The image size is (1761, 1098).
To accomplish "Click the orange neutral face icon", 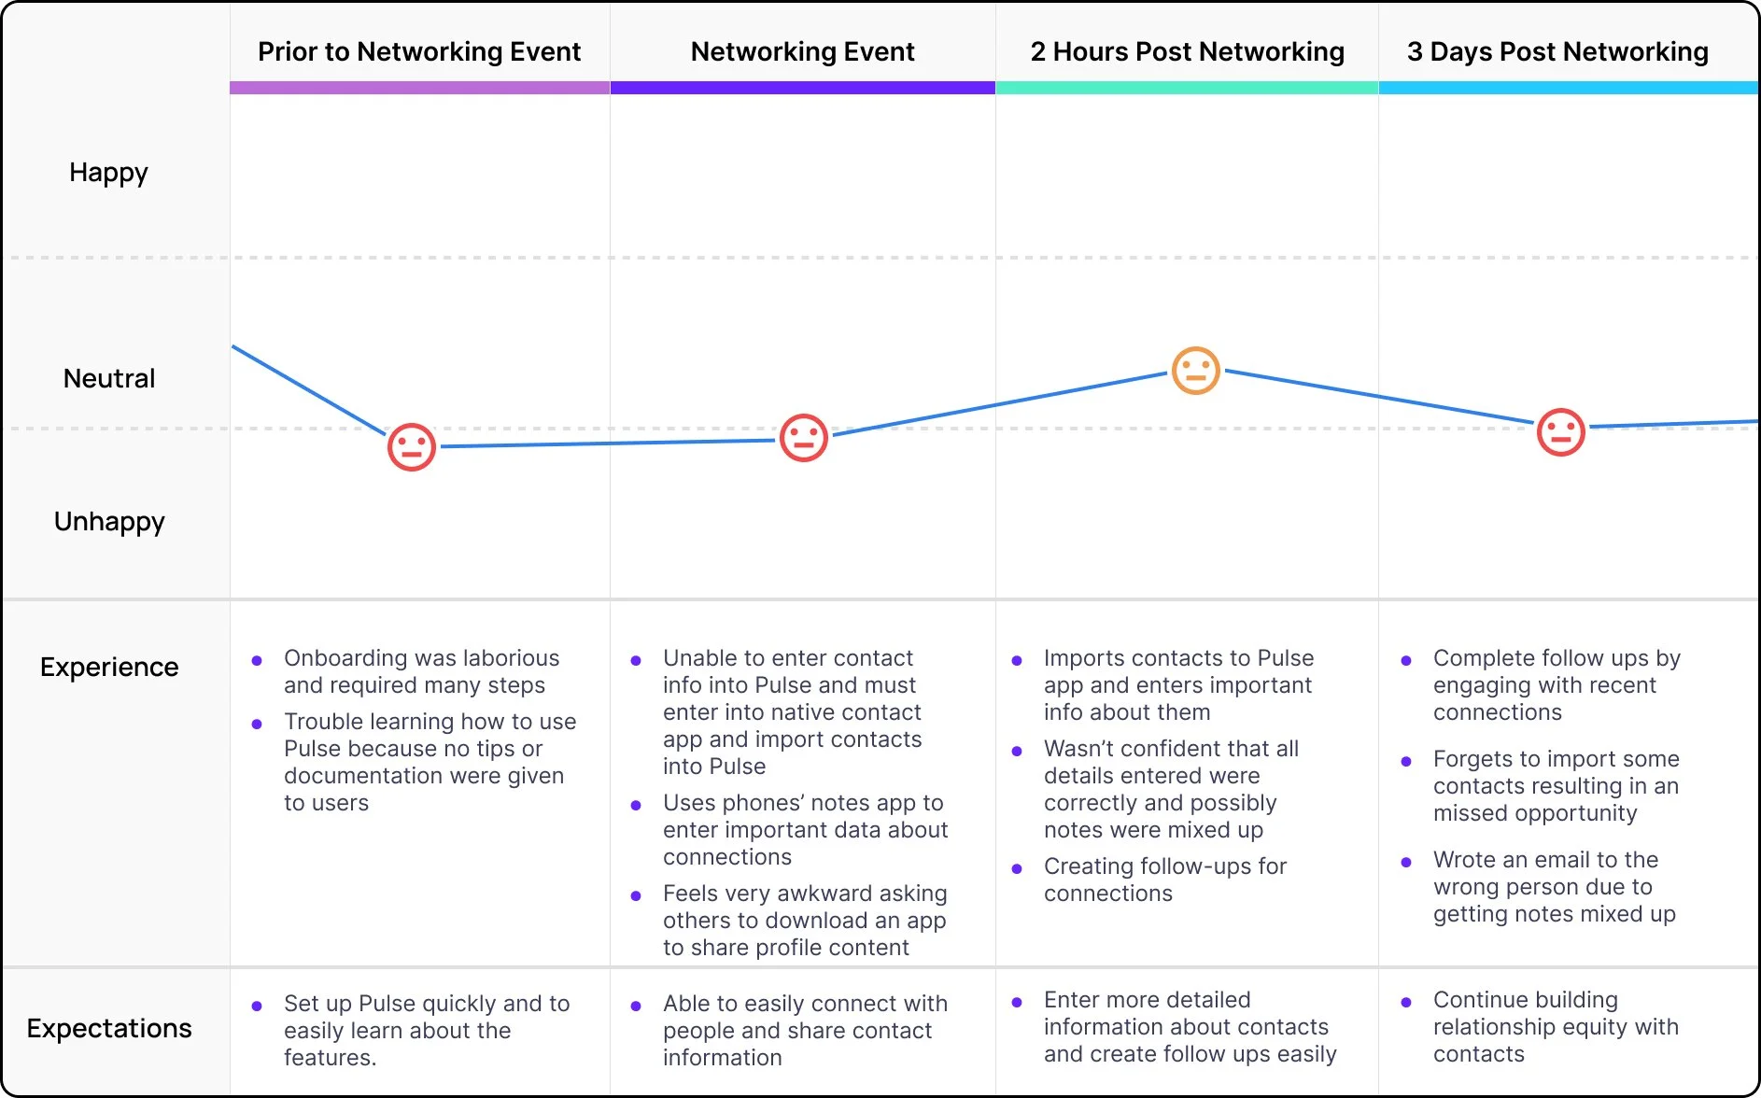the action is [x=1196, y=371].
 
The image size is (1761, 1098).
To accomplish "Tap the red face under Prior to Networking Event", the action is [x=412, y=447].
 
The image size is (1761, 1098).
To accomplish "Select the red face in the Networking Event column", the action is [x=804, y=438].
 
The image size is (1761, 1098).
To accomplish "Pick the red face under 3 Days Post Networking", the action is [x=1561, y=432].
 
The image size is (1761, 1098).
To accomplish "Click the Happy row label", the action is [x=108, y=173].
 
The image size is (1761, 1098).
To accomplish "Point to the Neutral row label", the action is [x=109, y=378].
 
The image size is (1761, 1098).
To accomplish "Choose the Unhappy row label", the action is [x=109, y=521].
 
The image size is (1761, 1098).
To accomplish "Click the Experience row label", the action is [x=109, y=667].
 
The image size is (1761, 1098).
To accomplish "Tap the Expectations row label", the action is [x=109, y=1028].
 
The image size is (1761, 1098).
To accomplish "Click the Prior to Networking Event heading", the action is [x=419, y=51].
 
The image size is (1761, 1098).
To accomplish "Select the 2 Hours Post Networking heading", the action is [x=1187, y=51].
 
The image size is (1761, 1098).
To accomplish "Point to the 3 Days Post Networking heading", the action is [x=1557, y=51].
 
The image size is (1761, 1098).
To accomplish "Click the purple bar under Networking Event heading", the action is [x=803, y=88].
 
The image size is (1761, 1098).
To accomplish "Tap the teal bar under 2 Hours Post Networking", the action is [x=1187, y=88].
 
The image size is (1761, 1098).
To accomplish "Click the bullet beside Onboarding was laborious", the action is [x=257, y=661].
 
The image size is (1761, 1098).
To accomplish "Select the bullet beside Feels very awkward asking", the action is [x=636, y=896].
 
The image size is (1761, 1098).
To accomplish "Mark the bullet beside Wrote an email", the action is [x=1406, y=863].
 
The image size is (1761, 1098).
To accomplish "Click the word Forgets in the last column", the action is [x=1473, y=759].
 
